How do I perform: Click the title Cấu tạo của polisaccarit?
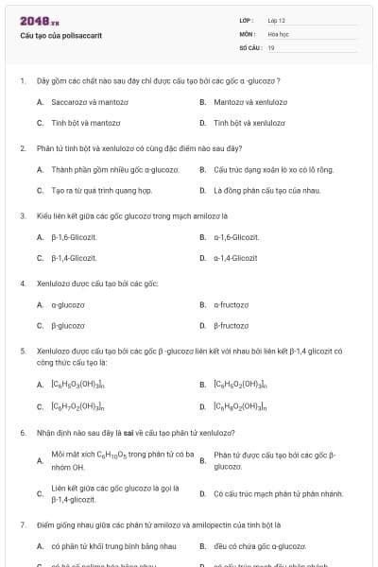(60, 35)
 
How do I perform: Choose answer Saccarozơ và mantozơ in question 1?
(83, 101)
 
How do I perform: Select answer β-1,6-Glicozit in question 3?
(74, 236)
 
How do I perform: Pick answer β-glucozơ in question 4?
(68, 325)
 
